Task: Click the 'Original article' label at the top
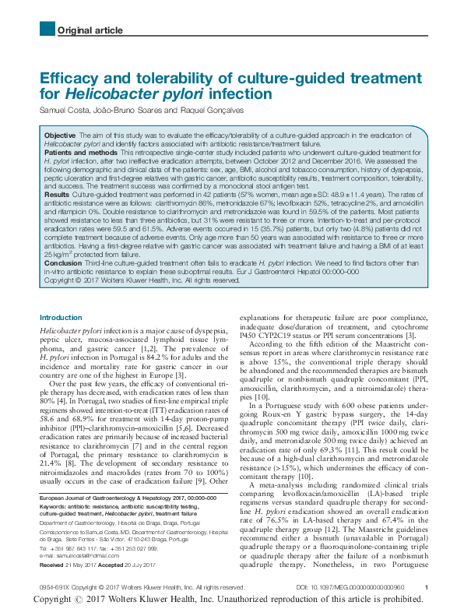pos(90,30)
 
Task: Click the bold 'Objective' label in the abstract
pos(60,135)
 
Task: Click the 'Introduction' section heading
pos(61,318)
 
